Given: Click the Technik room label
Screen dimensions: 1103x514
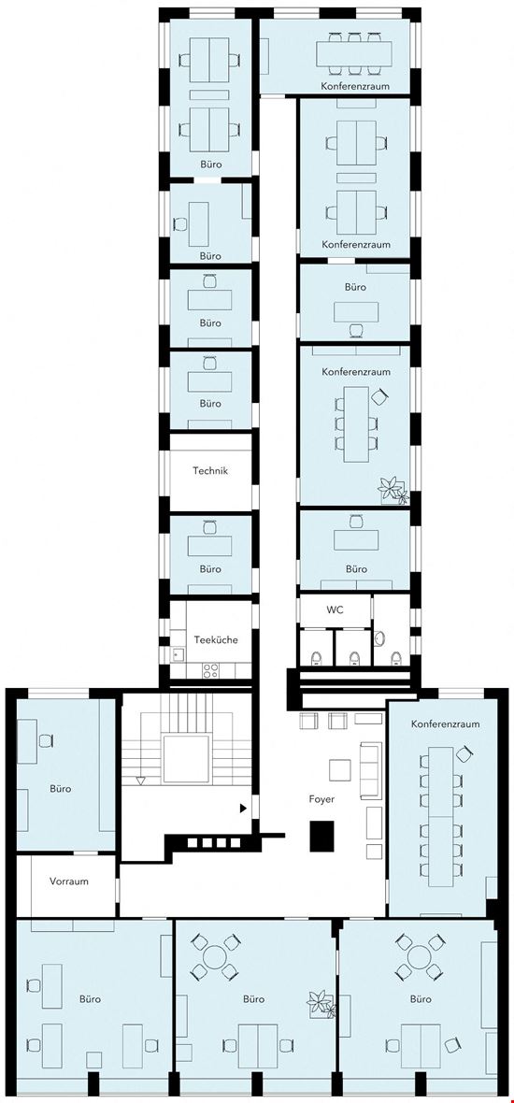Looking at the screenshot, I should click(210, 471).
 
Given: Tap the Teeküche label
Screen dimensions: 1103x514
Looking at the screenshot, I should click(215, 640).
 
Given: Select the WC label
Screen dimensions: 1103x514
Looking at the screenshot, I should click(335, 609).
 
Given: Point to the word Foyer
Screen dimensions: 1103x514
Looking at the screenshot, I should click(322, 799).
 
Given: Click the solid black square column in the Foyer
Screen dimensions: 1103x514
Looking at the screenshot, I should click(322, 835).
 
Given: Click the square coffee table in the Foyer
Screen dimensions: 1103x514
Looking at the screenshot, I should click(338, 769).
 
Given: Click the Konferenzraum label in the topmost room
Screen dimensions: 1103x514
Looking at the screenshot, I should click(355, 86).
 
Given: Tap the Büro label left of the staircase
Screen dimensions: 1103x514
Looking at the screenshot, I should click(60, 788).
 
